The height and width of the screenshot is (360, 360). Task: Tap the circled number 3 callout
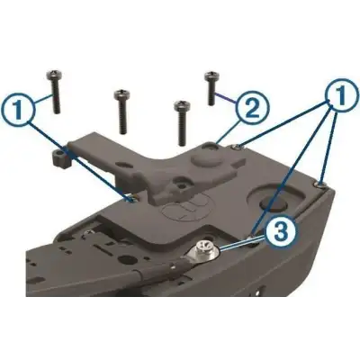pyautogui.click(x=280, y=235)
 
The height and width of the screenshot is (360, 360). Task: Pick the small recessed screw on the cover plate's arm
pyautogui.click(x=184, y=187)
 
